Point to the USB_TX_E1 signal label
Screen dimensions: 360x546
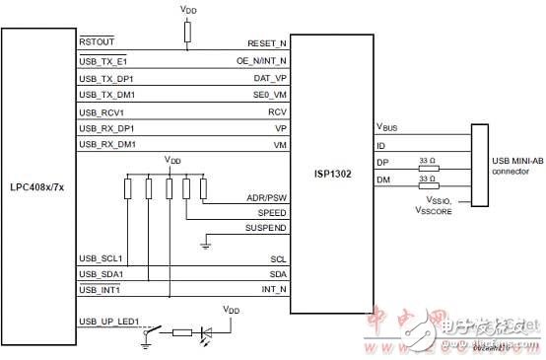click(x=102, y=61)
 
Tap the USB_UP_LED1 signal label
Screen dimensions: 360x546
click(x=110, y=322)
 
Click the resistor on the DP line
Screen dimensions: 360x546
click(x=428, y=167)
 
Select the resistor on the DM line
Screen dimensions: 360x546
click(x=428, y=184)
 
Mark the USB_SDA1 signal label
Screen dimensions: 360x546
click(x=102, y=273)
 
